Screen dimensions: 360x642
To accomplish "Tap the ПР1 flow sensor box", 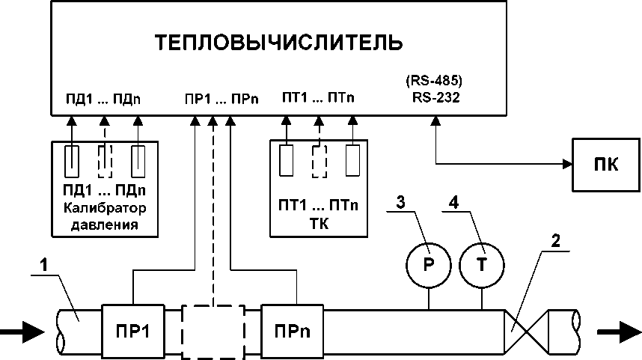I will point(132,330).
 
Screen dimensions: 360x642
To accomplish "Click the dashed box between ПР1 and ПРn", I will point(213,330).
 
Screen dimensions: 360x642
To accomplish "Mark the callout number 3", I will point(400,202).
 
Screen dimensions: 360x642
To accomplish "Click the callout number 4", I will point(453,202).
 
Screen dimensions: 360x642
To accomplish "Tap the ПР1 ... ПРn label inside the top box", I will point(221,99).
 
